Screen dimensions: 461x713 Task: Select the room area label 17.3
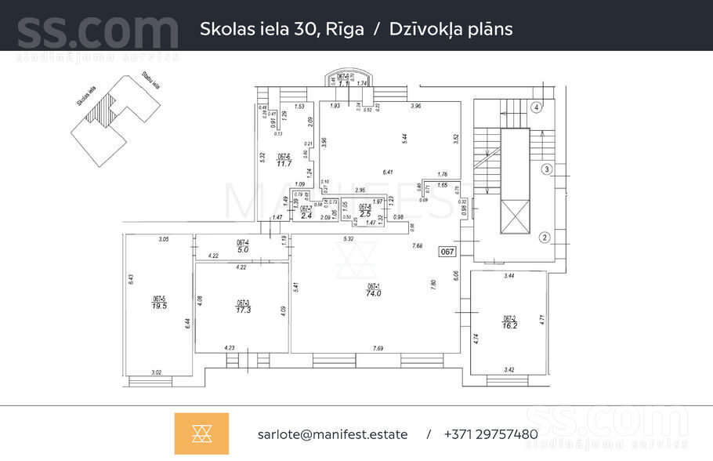243,310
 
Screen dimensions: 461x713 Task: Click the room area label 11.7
284,163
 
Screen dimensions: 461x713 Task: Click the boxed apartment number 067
447,252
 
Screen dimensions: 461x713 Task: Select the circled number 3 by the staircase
548,169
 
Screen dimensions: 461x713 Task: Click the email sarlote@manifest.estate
332,434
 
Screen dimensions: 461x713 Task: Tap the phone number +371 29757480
490,434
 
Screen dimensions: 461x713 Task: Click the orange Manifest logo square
201,434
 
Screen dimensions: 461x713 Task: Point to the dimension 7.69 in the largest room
378,347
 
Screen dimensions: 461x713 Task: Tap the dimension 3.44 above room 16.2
509,276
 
